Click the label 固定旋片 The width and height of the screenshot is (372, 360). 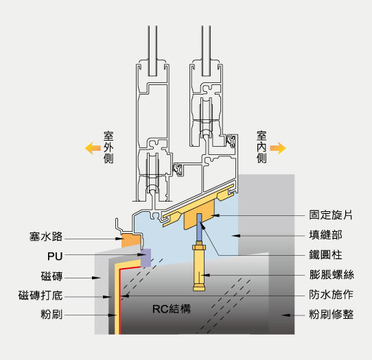coord(331,215)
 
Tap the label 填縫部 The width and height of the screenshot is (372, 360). coord(325,235)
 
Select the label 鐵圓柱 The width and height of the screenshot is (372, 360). coord(325,255)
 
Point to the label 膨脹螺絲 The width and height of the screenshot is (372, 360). coord(332,275)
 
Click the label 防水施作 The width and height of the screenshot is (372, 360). coord(332,295)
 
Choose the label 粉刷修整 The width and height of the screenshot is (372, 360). coord(332,315)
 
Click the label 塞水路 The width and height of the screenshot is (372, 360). coord(46,237)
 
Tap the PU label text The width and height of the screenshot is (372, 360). coord(55,256)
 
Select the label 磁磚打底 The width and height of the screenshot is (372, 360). coord(40,296)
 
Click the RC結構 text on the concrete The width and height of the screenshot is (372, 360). coord(172,309)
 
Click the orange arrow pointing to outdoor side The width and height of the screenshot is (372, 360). coord(93,148)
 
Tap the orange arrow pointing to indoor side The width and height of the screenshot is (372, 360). coord(278,148)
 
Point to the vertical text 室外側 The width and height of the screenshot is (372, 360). coord(108,147)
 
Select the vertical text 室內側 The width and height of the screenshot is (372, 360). coord(261,147)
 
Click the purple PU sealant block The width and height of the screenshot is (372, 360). coord(146,258)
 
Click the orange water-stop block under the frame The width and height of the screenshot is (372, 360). coord(131,241)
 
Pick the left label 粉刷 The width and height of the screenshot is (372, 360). coord(51,315)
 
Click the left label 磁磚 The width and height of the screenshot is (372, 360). coord(51,276)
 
